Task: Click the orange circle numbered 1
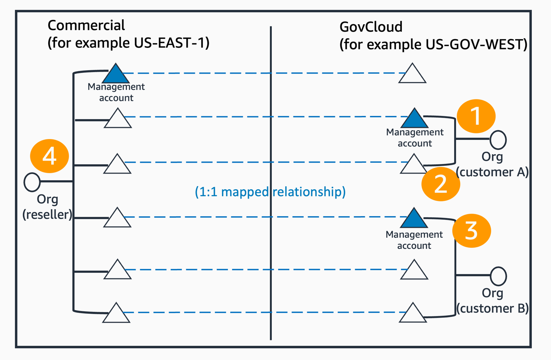pyautogui.click(x=476, y=116)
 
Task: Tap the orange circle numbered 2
pyautogui.click(x=441, y=184)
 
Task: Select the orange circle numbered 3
pyautogui.click(x=471, y=231)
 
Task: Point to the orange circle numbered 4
pyautogui.click(x=49, y=156)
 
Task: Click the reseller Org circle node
pyautogui.click(x=32, y=182)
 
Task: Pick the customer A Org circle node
pyautogui.click(x=498, y=140)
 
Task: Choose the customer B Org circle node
pyautogui.click(x=498, y=276)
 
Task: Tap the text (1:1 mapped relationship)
pyautogui.click(x=270, y=192)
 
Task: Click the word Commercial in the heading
pyautogui.click(x=86, y=25)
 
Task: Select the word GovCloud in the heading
pyautogui.click(x=371, y=27)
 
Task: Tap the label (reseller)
pyautogui.click(x=47, y=214)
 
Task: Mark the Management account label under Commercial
pyautogui.click(x=116, y=92)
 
